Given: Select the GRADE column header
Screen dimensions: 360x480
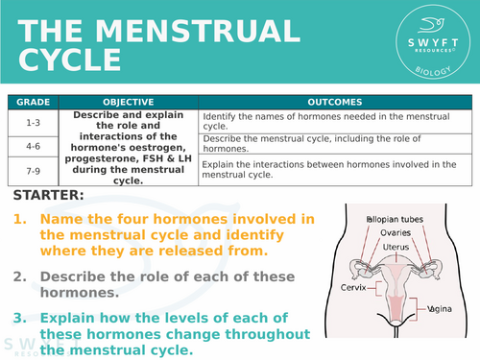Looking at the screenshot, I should [33, 101].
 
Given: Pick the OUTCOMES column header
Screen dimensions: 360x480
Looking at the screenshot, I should [335, 101].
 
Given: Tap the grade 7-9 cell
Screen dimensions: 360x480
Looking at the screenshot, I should [33, 170].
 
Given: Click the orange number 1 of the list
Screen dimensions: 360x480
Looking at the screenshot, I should [19, 220].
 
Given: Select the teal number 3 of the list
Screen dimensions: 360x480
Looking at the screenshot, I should [19, 317].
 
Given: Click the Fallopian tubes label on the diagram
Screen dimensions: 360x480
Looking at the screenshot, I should [394, 220].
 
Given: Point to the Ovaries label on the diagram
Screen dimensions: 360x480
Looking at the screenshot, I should [394, 233].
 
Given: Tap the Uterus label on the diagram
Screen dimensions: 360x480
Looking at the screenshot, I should [394, 247].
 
